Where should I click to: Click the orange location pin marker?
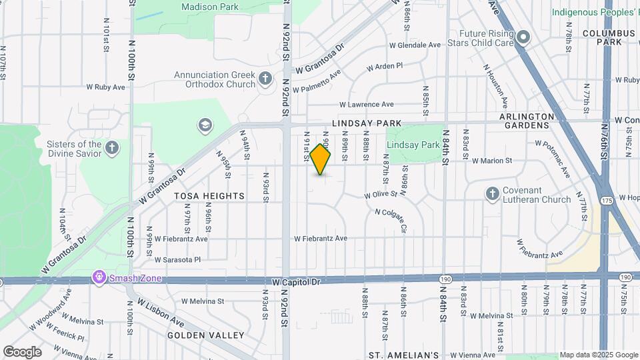tap(320, 159)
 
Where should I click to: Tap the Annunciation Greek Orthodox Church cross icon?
tap(265, 79)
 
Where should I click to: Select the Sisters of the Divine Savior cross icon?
tap(112, 148)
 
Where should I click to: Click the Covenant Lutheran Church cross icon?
tap(492, 194)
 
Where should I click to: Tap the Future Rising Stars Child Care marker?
tap(524, 37)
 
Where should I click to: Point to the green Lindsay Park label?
tap(413, 145)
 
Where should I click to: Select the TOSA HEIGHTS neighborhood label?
tap(200, 196)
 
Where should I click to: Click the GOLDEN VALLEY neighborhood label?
tap(205, 335)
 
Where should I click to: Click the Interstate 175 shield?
tap(606, 200)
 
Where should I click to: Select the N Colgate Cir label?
tap(391, 220)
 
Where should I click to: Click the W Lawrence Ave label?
tap(366, 105)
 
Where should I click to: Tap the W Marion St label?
tap(491, 161)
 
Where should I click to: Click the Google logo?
tap(22, 352)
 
